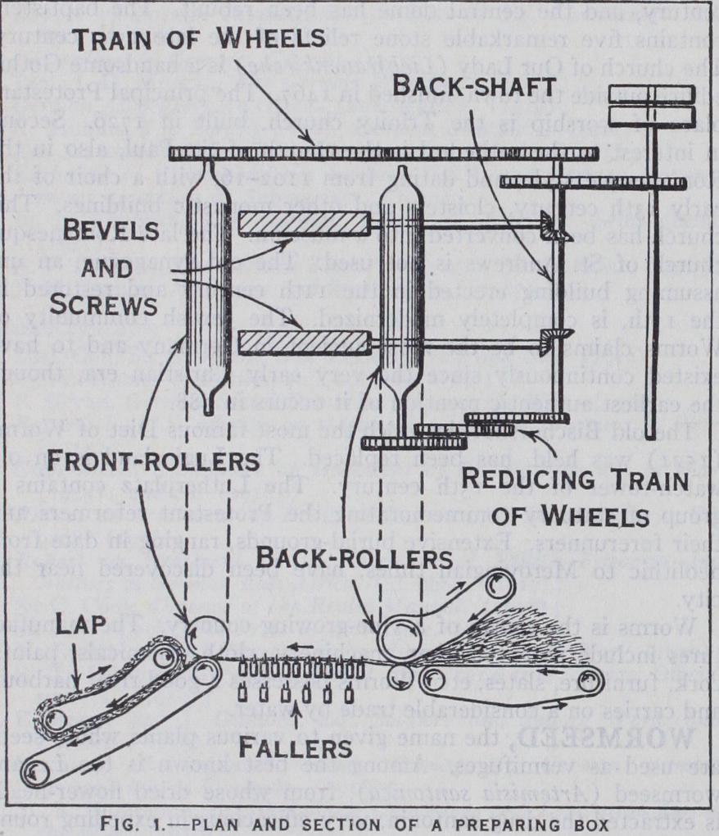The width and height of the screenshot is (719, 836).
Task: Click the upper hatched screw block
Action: (305, 224)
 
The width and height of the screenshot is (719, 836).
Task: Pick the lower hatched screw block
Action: (303, 343)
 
